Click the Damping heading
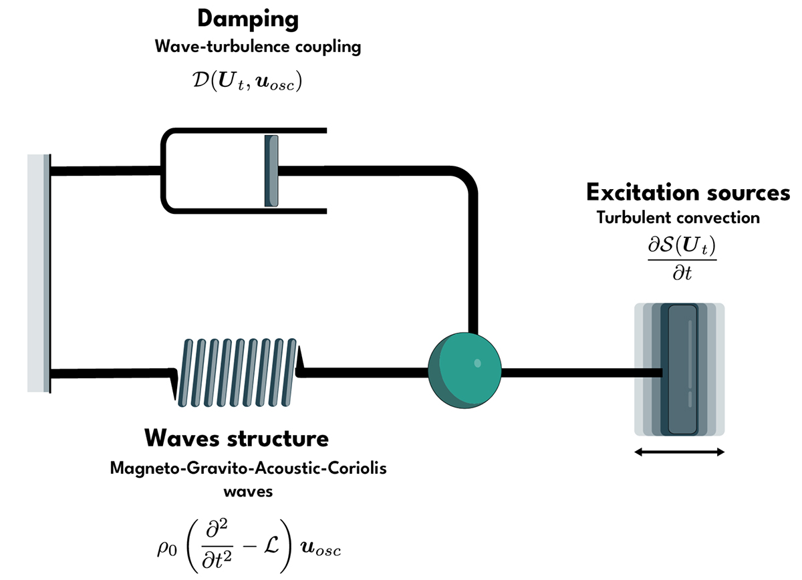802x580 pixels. tap(247, 19)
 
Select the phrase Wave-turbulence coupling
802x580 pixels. tap(248, 47)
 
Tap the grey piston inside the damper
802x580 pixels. tap(271, 170)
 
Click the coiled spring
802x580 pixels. tap(237, 372)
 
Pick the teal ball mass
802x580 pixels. tap(464, 370)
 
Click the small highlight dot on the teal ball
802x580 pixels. tap(477, 364)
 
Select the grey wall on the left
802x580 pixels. tap(39, 273)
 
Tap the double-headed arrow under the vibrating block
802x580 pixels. tap(679, 452)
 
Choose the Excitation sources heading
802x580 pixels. tap(688, 193)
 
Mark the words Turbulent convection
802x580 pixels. tap(678, 218)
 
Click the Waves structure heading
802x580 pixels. tap(237, 439)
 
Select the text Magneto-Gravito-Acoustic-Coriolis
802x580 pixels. tap(248, 468)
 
